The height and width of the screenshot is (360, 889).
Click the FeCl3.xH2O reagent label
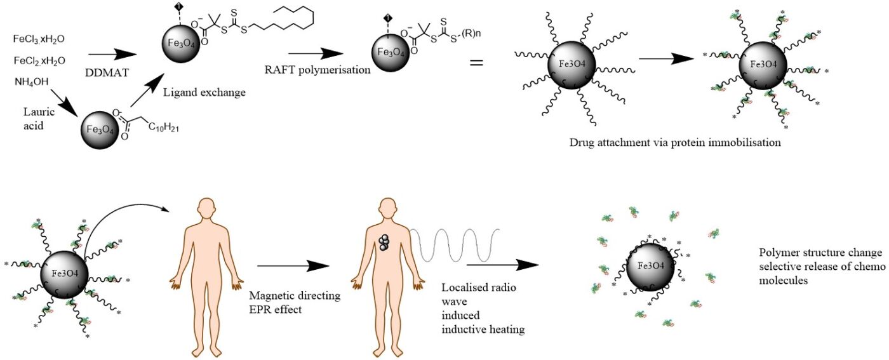(x=39, y=39)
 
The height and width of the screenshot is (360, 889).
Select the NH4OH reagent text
(x=30, y=81)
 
